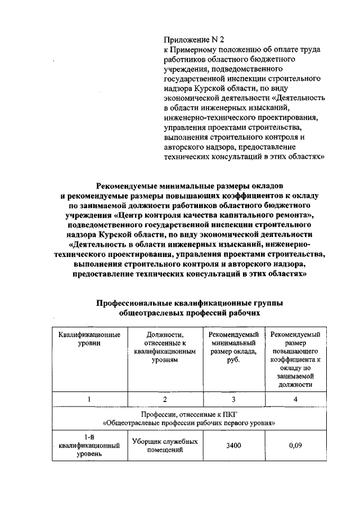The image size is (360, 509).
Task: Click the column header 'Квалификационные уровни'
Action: pyautogui.click(x=89, y=339)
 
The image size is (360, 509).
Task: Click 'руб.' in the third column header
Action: pyautogui.click(x=233, y=361)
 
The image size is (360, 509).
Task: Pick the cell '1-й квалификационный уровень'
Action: pyautogui.click(x=89, y=445)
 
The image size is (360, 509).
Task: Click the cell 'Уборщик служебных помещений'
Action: pyautogui.click(x=165, y=445)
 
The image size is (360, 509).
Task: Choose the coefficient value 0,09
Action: pyautogui.click(x=295, y=445)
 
